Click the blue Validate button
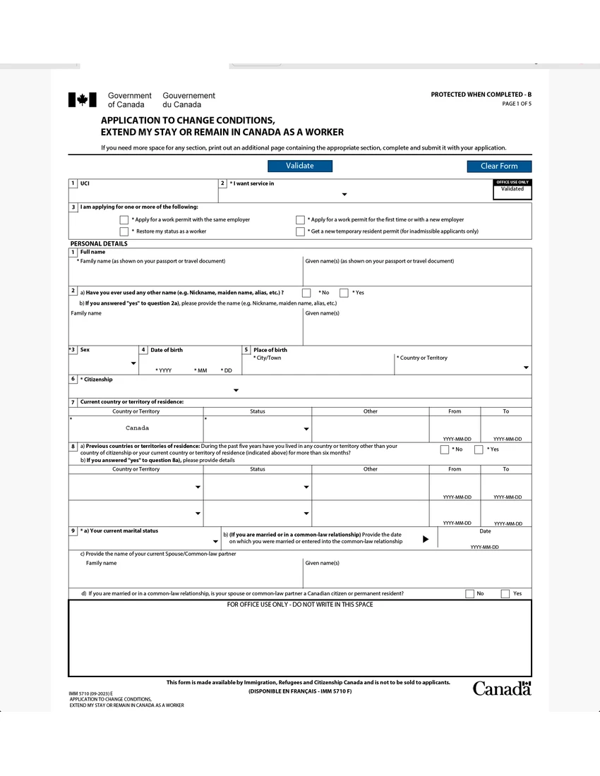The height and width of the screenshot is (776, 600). click(x=299, y=166)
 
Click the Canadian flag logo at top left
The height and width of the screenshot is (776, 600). click(x=82, y=99)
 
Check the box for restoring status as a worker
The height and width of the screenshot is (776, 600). click(x=124, y=231)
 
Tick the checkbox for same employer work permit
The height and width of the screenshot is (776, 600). click(x=124, y=219)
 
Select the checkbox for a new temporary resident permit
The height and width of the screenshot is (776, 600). click(x=300, y=231)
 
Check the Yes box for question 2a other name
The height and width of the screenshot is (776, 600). click(x=344, y=293)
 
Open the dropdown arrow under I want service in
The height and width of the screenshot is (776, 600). click(x=344, y=195)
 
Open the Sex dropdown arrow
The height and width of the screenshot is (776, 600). click(x=133, y=364)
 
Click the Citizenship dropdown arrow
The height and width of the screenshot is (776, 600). click(x=236, y=390)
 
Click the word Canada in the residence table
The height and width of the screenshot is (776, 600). click(x=137, y=428)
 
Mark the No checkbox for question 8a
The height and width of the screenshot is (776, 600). click(x=445, y=449)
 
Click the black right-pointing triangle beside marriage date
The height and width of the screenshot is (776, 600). click(x=426, y=539)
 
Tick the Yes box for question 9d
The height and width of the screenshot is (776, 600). click(x=505, y=594)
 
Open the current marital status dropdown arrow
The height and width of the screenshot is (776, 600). click(x=215, y=542)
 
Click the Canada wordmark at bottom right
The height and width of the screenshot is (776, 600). click(x=501, y=689)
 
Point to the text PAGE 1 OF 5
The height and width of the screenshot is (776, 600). click(x=517, y=104)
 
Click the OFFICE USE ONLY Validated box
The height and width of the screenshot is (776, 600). click(x=512, y=189)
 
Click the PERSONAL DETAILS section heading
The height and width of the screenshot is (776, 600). click(x=99, y=243)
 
